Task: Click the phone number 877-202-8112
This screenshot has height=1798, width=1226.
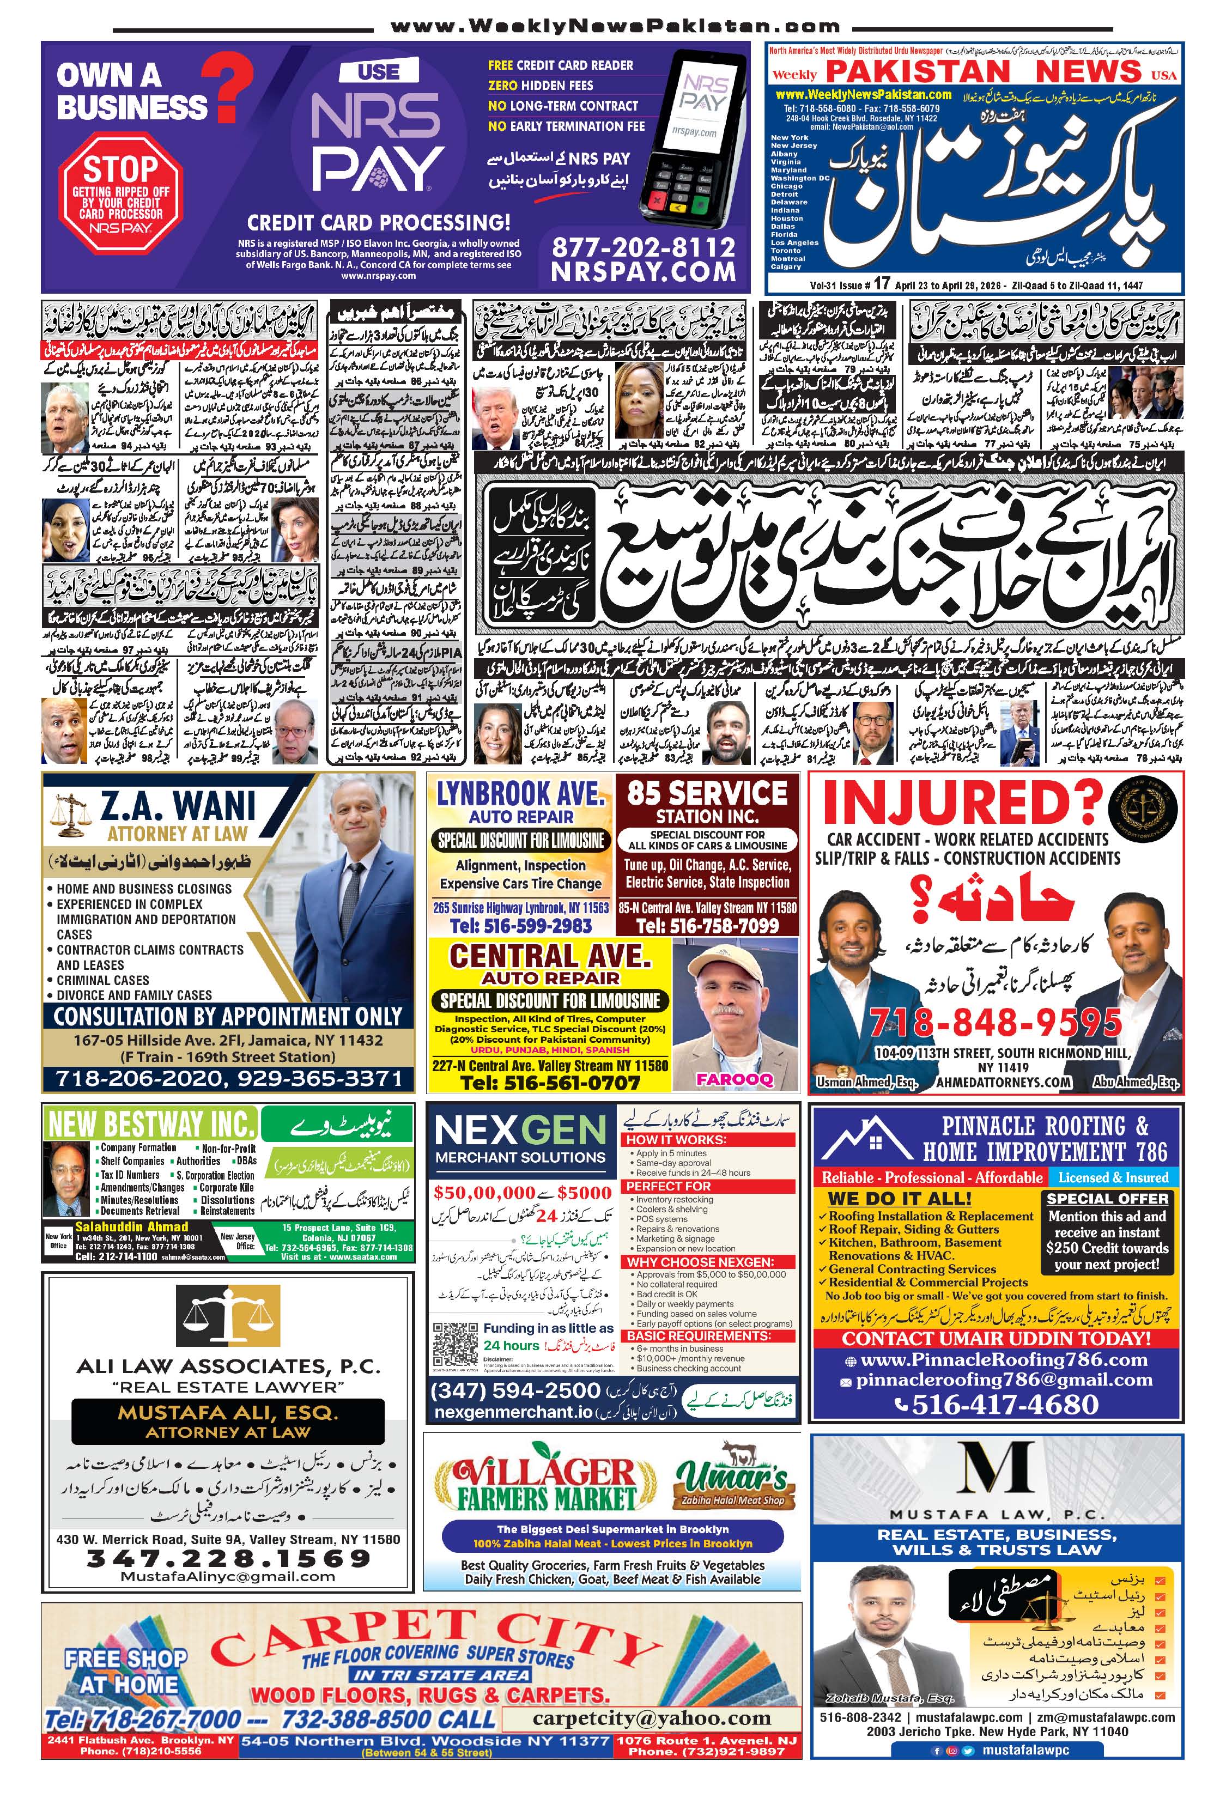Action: tap(643, 247)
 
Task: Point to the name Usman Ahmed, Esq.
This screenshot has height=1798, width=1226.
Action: tap(866, 1082)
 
